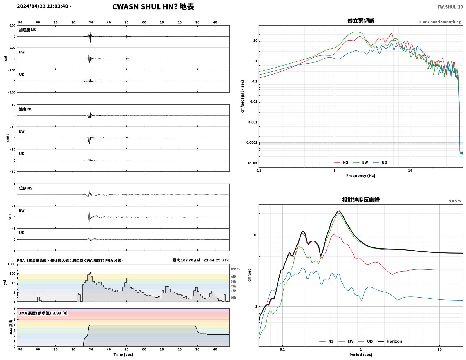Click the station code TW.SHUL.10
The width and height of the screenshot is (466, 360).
coord(450,7)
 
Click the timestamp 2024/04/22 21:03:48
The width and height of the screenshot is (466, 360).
coord(43,6)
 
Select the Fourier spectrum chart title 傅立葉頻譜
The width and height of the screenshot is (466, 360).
coord(361,21)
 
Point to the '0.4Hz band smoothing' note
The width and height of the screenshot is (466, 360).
coord(440,22)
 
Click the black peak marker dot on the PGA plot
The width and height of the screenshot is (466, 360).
coord(90,273)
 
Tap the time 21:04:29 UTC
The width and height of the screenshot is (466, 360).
coord(216,260)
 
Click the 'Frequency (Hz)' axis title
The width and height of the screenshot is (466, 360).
coord(361,176)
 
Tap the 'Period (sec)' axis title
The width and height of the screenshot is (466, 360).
coord(361,355)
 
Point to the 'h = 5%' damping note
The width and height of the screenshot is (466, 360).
coord(455,201)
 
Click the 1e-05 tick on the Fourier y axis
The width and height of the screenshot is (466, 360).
coord(252,163)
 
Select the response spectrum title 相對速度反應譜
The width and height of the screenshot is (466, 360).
coord(361,200)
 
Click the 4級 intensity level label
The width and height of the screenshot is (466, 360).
coord(233,277)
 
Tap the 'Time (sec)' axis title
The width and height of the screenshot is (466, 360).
coord(123,354)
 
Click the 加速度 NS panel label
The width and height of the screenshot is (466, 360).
coord(27,30)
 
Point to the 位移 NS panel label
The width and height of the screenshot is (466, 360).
coord(26,188)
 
